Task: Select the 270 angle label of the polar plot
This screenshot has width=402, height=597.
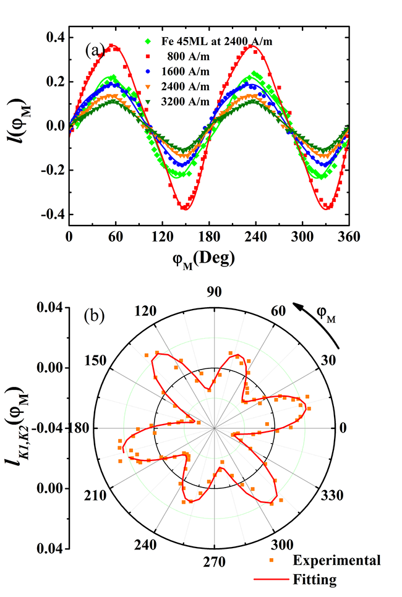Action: (x=215, y=562)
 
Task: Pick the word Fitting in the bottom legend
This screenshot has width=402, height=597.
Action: (x=315, y=580)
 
